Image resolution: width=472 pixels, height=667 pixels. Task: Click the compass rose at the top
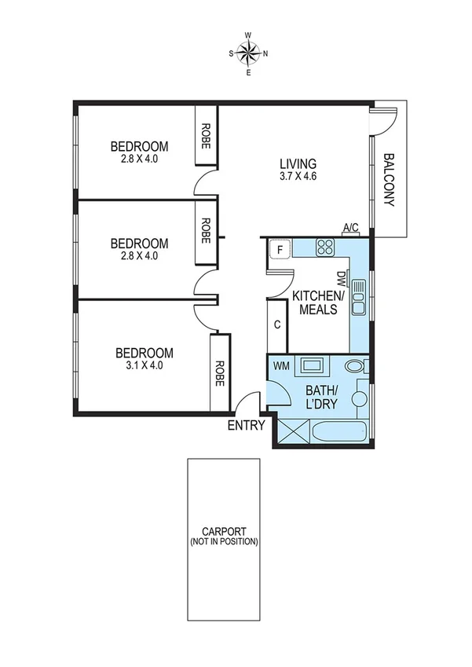[x=248, y=53]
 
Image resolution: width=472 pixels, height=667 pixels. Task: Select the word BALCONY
[x=390, y=180]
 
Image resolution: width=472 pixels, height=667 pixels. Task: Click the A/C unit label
[x=350, y=228]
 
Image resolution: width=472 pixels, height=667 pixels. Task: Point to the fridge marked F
[x=279, y=251]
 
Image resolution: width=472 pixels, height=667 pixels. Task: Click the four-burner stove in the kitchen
[x=325, y=249]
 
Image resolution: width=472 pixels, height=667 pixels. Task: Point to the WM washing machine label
[x=281, y=365]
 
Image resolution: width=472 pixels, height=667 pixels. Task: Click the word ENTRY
[x=246, y=426]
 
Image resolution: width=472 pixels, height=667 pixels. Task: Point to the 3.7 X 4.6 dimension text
[x=298, y=176]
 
